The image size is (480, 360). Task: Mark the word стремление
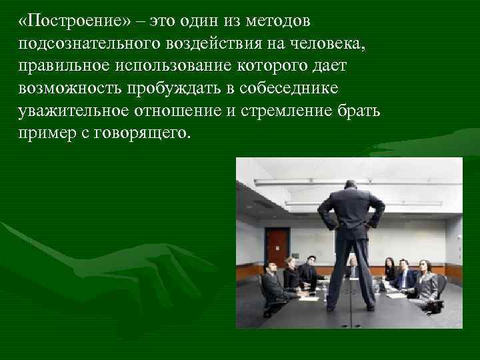click(301, 111)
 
